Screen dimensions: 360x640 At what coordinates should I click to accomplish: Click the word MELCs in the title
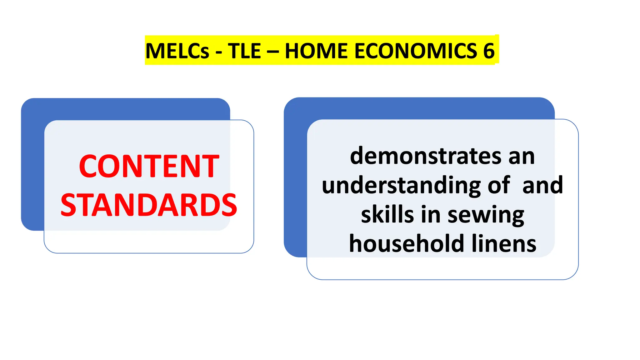(177, 51)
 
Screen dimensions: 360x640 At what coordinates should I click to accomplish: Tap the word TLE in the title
(244, 51)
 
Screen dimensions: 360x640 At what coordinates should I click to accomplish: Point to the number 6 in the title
(489, 51)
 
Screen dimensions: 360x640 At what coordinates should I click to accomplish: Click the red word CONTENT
(149, 166)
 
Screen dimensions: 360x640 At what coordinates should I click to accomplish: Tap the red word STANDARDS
(149, 205)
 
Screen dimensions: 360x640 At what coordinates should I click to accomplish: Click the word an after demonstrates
(522, 156)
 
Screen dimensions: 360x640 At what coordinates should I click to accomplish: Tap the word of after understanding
(499, 185)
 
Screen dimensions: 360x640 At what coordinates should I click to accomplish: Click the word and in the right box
(543, 185)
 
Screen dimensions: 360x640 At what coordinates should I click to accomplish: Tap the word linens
(504, 243)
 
